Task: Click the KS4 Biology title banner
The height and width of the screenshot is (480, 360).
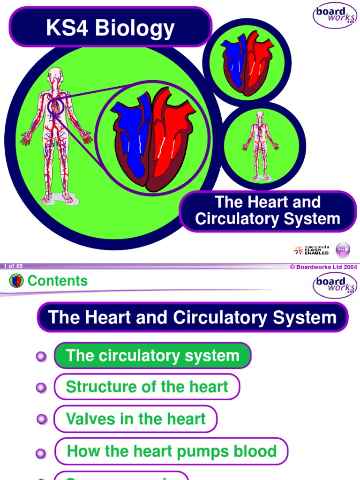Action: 110,28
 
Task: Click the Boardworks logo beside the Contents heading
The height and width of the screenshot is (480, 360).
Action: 335,285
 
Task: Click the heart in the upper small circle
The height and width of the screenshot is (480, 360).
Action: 247,63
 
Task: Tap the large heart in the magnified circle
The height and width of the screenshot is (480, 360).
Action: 152,139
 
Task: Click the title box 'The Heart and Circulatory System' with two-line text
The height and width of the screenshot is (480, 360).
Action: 268,211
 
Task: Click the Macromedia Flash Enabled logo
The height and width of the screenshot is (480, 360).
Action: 311,250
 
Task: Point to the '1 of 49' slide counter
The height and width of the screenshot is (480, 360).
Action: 13,266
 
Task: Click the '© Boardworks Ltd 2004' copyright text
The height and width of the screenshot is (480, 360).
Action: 323,267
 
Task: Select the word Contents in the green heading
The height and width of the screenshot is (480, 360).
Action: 58,281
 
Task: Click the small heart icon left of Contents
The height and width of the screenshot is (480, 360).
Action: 16,281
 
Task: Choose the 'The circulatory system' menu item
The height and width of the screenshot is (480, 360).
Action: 153,355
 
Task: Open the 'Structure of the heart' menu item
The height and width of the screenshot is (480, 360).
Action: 147,387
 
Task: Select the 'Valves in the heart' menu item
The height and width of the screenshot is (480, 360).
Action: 135,419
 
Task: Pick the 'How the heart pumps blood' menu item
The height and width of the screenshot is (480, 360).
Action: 172,451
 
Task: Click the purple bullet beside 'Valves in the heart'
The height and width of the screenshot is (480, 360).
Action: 41,420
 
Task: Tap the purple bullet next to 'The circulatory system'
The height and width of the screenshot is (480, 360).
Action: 41,356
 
